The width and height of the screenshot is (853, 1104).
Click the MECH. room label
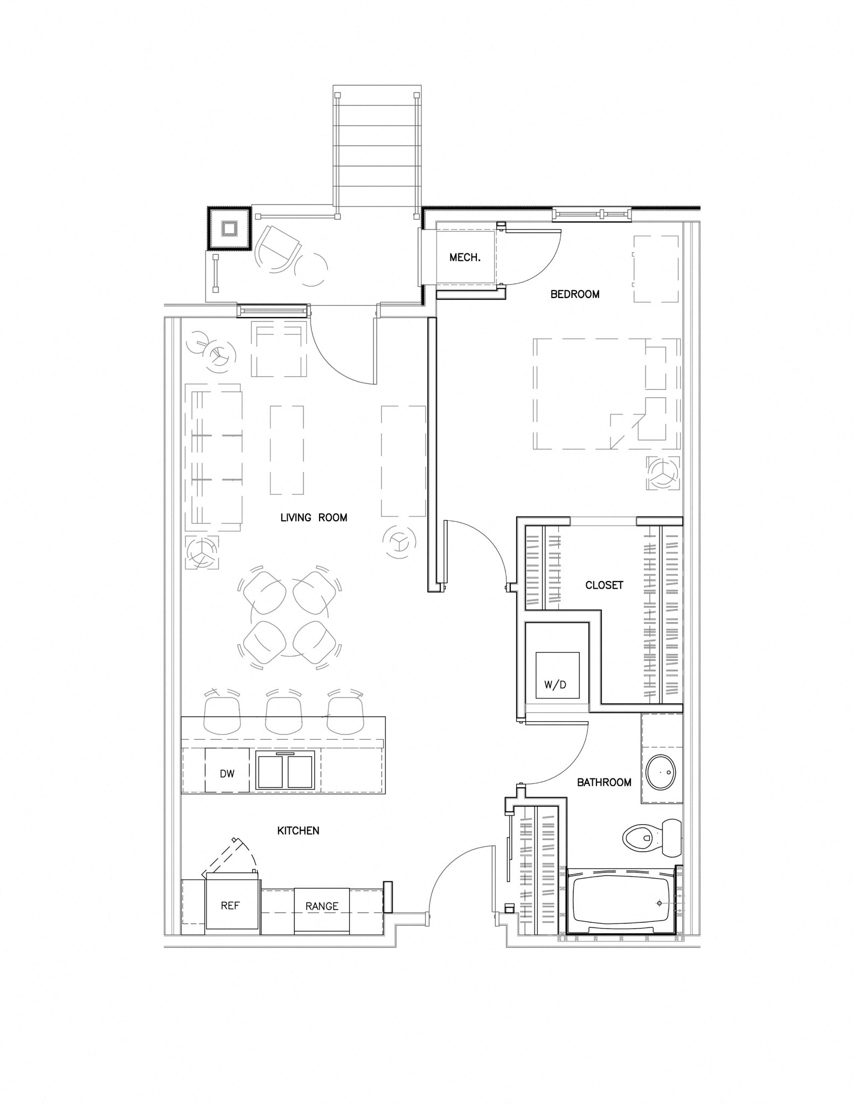pos(464,258)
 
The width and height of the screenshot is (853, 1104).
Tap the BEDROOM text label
pos(574,294)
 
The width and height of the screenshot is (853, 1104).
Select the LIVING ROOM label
pos(314,517)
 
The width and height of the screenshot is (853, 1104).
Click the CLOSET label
pos(604,585)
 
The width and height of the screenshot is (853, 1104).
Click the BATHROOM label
pos(604,782)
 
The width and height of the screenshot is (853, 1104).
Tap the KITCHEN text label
pos(298,831)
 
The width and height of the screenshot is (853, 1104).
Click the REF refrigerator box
pos(230,906)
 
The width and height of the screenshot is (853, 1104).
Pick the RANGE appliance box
pos(322,907)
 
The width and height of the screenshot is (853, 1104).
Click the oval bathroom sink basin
pos(661,772)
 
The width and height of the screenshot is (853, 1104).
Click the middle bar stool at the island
pos(284,714)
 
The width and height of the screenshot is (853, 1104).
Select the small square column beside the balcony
pos(228,229)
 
